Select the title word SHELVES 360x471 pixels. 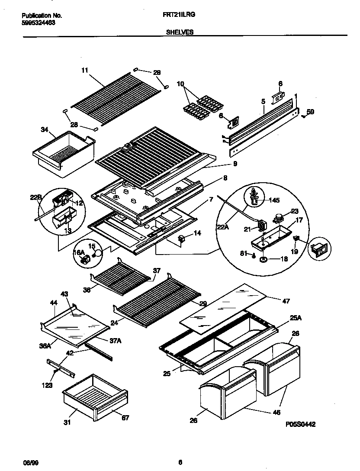pyautogui.click(x=180, y=32)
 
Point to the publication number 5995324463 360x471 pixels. pyautogui.click(x=38, y=23)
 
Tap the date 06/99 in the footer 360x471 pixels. pyautogui.click(x=28, y=462)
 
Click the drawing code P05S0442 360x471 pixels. pyautogui.click(x=300, y=425)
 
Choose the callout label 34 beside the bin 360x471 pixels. pyautogui.click(x=44, y=129)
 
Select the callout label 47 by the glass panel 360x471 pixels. pyautogui.click(x=286, y=301)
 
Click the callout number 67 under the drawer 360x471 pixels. pyautogui.click(x=125, y=418)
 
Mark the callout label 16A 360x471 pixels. pyautogui.click(x=78, y=252)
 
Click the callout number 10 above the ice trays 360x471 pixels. pyautogui.click(x=180, y=83)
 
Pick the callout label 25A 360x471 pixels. pyautogui.click(x=283, y=319)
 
